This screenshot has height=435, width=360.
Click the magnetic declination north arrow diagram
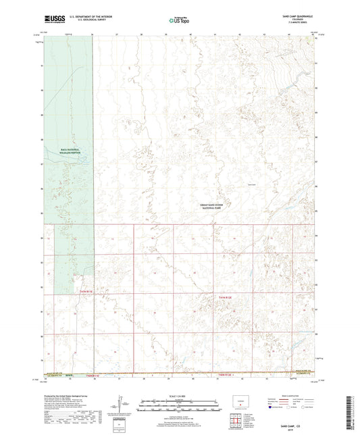126,404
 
